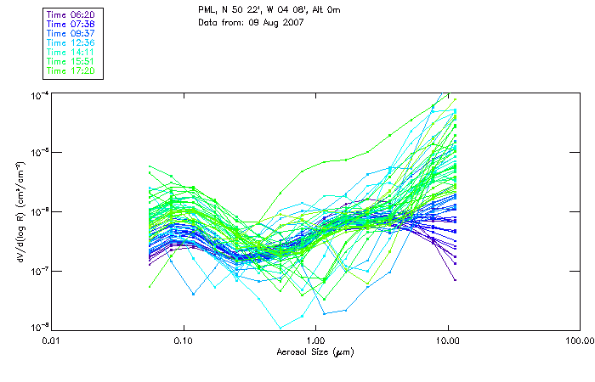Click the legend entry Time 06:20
point(70,14)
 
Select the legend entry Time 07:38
point(70,24)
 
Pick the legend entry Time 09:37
point(70,33)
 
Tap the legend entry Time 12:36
point(70,42)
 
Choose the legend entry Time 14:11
point(70,52)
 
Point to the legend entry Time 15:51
point(70,61)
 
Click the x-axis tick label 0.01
point(52,341)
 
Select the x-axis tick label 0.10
point(184,341)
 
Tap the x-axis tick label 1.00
point(315,341)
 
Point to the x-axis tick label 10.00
point(447,341)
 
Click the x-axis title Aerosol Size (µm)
point(314,352)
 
